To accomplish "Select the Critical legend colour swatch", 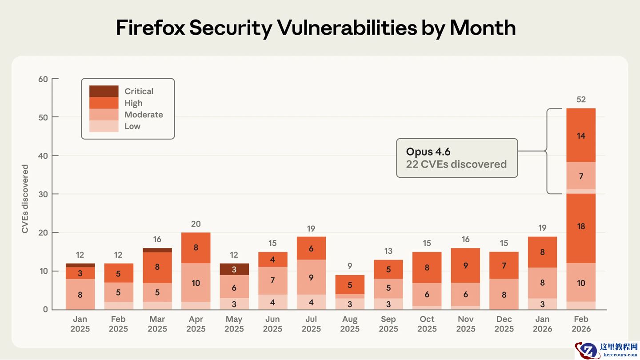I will [104, 91].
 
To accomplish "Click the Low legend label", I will [132, 126].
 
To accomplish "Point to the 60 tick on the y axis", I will [43, 79].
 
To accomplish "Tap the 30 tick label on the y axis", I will [43, 194].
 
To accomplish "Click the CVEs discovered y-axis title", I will [25, 199].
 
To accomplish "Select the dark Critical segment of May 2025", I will [234, 269].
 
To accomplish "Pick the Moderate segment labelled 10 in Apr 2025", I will [196, 283].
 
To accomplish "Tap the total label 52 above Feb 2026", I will [581, 100].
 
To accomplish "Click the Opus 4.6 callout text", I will [428, 152].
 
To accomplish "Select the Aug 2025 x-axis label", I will [350, 324].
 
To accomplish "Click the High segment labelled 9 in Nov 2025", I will [465, 265].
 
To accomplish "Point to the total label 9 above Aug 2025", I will [350, 266].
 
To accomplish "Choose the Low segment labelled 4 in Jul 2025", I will [311, 302].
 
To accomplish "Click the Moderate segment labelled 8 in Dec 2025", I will [504, 294].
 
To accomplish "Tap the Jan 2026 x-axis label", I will [542, 324].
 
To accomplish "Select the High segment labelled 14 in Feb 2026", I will [581, 136].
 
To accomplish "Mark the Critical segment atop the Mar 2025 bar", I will [157, 250].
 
